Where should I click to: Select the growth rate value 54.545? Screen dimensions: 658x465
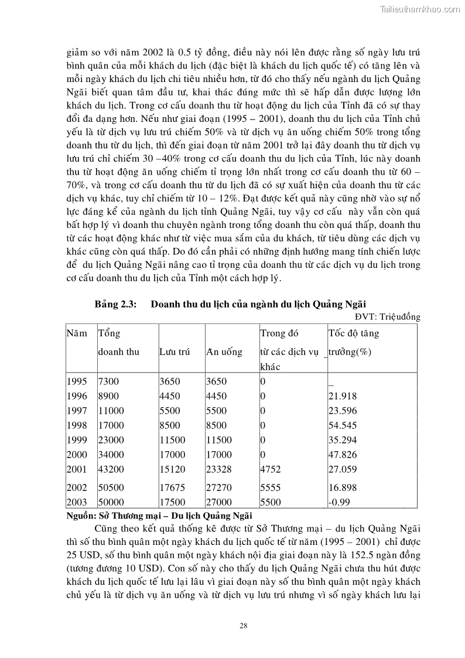click(342, 425)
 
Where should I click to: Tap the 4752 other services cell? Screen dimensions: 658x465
click(271, 469)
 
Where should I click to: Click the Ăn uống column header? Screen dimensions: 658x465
click(224, 352)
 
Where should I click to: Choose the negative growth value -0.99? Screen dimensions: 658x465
click(339, 502)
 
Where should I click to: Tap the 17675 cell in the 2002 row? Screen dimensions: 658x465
click(172, 487)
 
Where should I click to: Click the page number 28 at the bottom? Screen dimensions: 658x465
click(244, 626)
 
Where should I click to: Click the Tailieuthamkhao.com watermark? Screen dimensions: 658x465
click(420, 9)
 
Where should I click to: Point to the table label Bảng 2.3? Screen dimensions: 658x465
click(115, 304)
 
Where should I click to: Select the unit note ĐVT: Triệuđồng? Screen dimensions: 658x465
click(388, 317)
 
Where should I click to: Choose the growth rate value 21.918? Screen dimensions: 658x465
click(342, 396)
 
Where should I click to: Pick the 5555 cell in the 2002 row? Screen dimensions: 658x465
click(271, 487)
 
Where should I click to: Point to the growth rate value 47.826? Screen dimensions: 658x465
click(342, 455)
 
